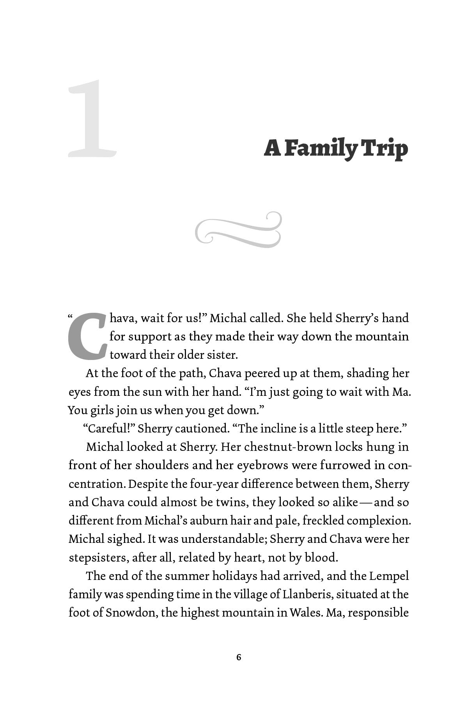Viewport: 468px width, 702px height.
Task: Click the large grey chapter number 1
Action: coord(92,119)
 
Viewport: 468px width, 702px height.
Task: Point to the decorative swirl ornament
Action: coord(238,230)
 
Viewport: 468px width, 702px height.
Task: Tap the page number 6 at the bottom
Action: coord(239,658)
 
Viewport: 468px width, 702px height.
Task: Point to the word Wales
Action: coord(305,613)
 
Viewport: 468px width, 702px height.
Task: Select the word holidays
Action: coord(225,576)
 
